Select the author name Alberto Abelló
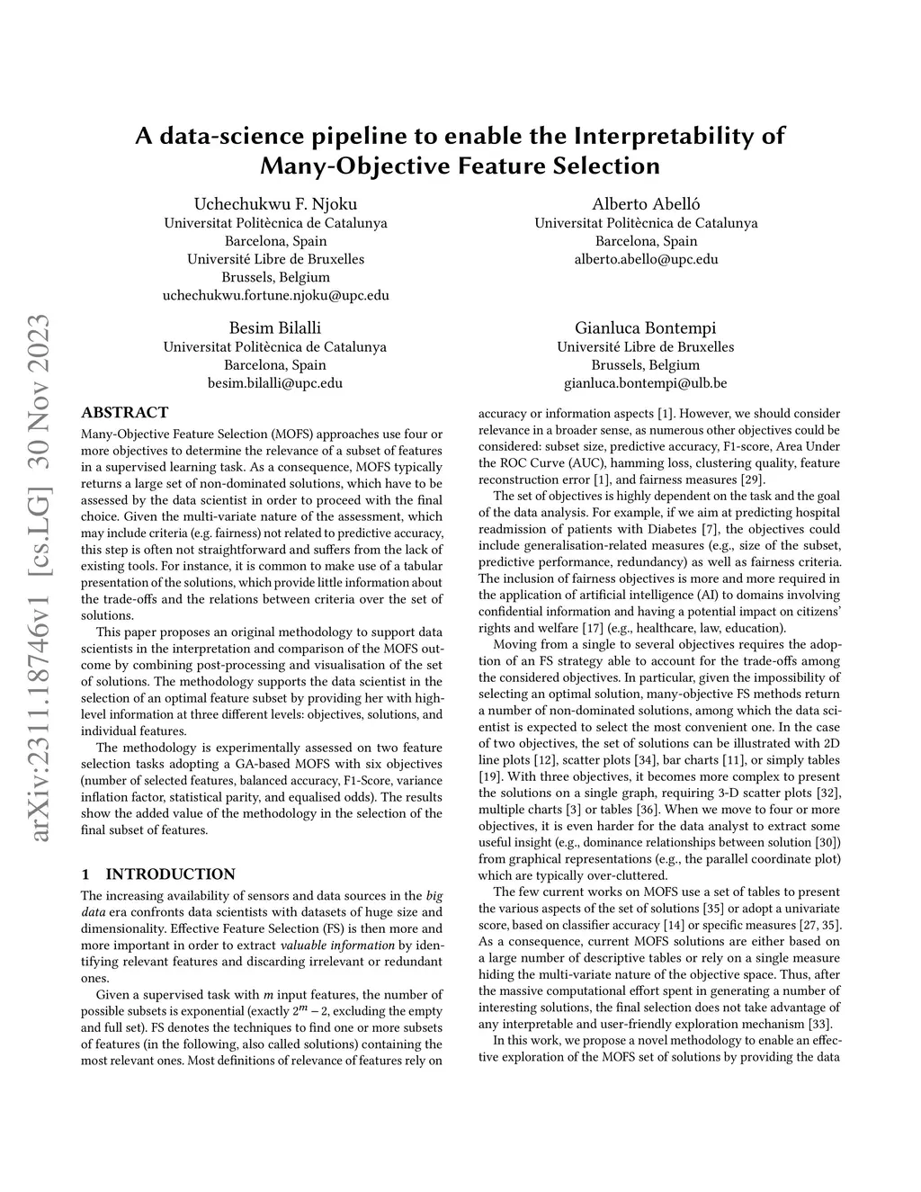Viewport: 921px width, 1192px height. coord(646,203)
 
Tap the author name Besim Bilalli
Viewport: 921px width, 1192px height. coord(275,327)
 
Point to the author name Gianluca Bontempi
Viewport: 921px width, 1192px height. coord(646,327)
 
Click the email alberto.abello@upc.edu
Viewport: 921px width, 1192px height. coord(646,259)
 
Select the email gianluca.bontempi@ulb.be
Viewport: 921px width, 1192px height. coord(646,383)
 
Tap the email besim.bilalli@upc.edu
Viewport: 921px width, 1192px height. coord(275,383)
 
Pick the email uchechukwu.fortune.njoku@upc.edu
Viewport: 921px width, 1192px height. coord(275,295)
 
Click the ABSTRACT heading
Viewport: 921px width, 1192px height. coord(124,413)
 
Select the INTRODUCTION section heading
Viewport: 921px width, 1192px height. coord(170,874)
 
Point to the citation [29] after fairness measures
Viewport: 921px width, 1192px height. coord(754,479)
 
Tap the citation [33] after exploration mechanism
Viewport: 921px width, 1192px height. coord(819,1023)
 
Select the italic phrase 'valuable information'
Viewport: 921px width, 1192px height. coord(337,945)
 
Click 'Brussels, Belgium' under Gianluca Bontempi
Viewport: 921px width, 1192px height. coord(646,365)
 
